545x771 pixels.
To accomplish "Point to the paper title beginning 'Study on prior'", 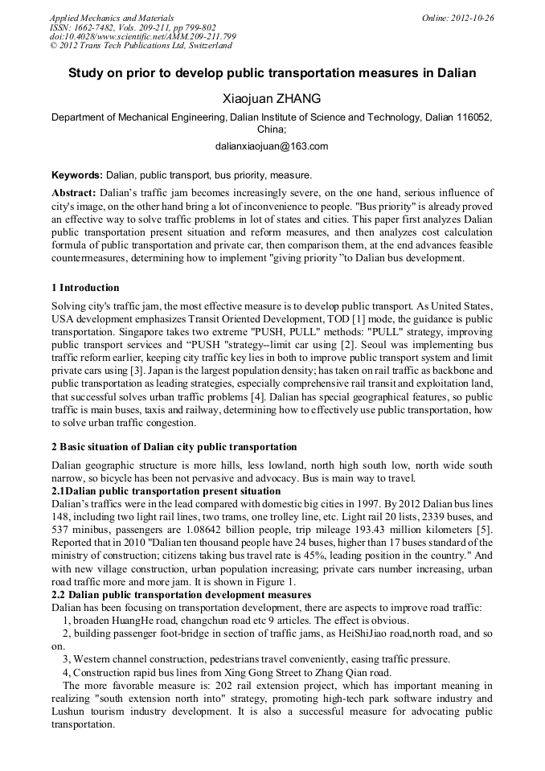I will (272, 73).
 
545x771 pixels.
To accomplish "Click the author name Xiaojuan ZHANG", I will (272, 99).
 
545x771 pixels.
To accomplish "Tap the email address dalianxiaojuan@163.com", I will (272, 146).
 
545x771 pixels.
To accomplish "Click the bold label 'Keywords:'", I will (77, 174).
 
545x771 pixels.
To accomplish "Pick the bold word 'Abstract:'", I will (74, 193).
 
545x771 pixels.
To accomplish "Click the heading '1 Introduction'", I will (85, 288).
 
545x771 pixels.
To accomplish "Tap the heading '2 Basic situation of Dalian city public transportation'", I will (174, 447).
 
